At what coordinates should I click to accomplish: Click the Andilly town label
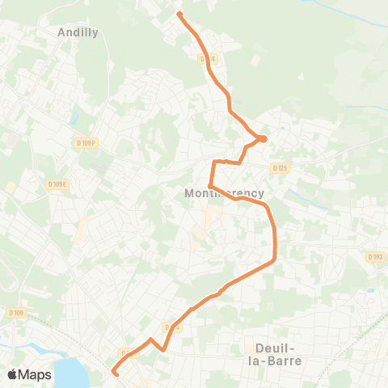pos(78,32)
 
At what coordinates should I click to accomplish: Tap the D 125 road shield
pos(280,167)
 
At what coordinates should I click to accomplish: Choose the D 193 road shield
pos(374,257)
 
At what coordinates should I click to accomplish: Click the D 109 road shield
pos(16,313)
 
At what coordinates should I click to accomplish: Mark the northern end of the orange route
pos(179,14)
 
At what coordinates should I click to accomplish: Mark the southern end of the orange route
pos(114,373)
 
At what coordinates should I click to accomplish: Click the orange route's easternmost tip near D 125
pos(263,139)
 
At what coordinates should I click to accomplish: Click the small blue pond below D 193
pos(370,289)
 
